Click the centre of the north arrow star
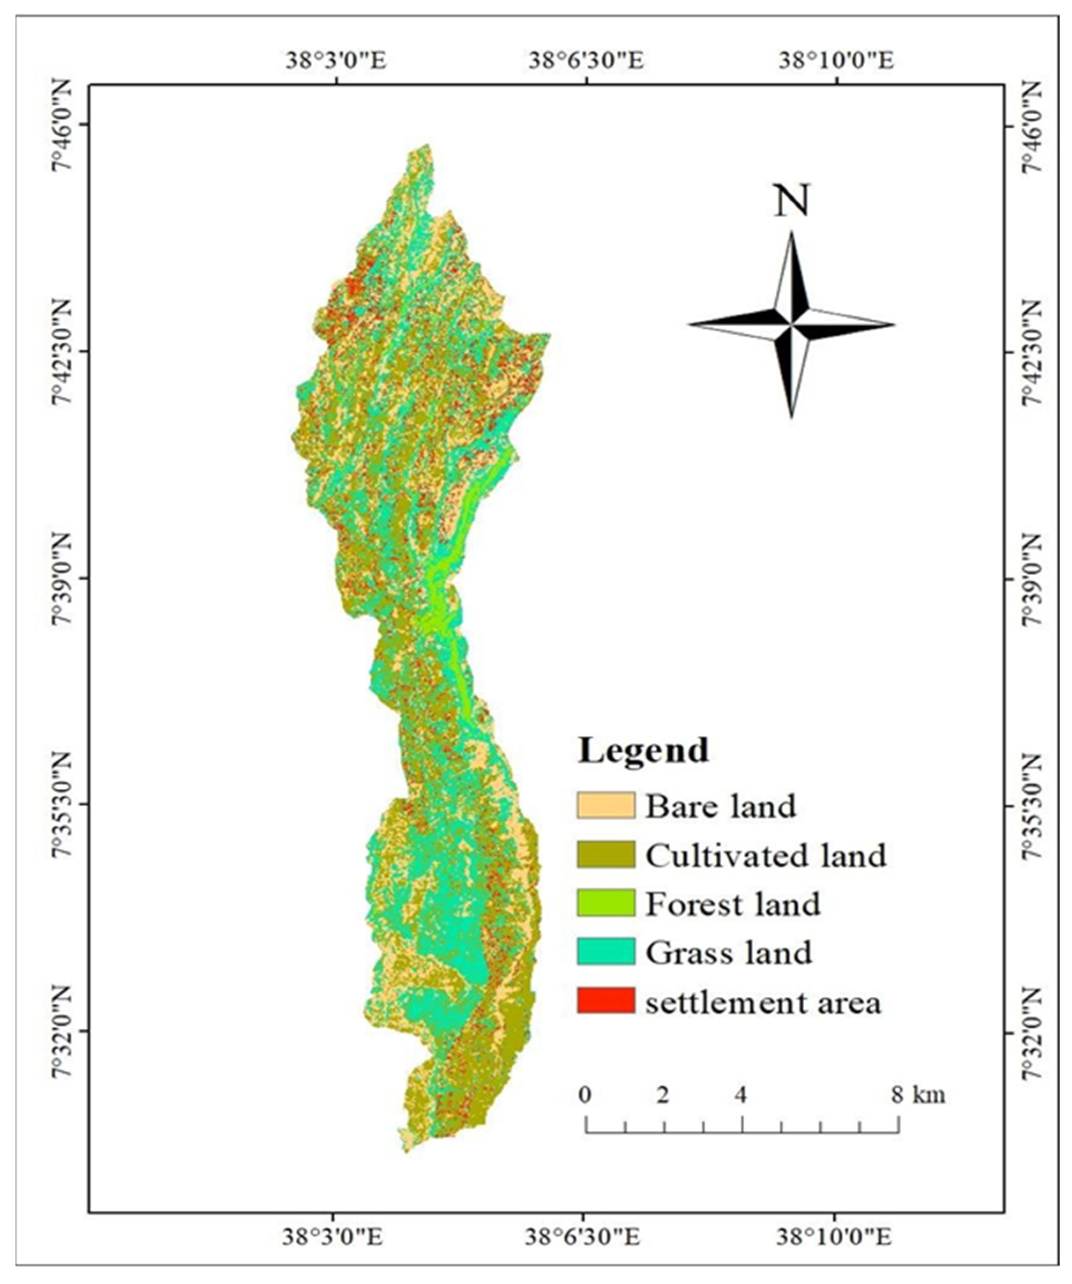[792, 325]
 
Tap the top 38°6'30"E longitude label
[586, 62]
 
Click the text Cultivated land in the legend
[765, 855]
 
